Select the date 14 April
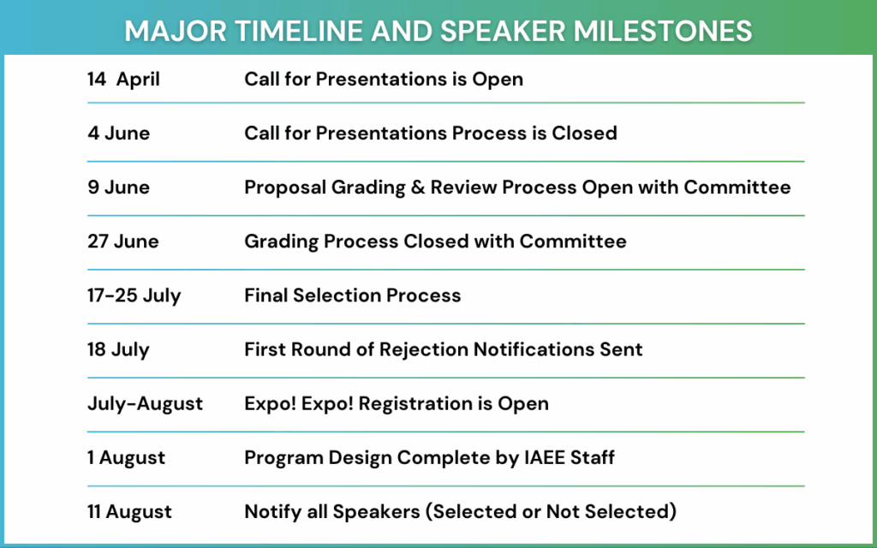123,80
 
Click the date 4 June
118,134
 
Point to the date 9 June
118,188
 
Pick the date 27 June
122,241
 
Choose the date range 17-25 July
134,295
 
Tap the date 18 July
118,349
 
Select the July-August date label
145,403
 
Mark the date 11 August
129,512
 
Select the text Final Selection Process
352,295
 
